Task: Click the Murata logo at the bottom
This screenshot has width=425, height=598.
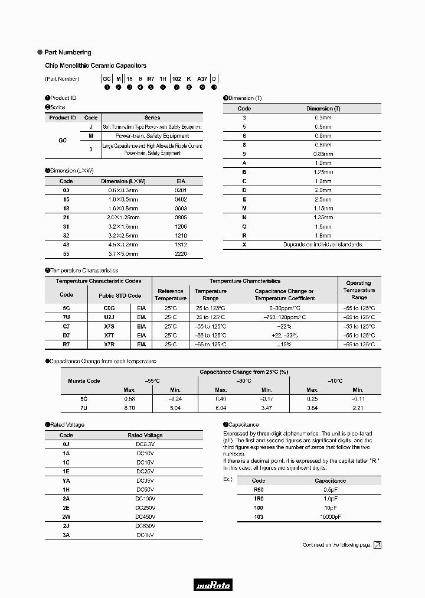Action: [x=213, y=585]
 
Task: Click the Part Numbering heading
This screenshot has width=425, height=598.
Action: [x=67, y=53]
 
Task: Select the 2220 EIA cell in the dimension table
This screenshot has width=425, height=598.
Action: [x=181, y=253]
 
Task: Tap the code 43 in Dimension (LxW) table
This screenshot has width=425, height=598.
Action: [x=66, y=244]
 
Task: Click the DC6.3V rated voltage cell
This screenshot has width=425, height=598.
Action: [x=145, y=444]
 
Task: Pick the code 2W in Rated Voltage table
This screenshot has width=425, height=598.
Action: [x=66, y=516]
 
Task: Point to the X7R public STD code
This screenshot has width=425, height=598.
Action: [x=109, y=344]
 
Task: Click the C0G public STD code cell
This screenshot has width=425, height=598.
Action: [x=109, y=308]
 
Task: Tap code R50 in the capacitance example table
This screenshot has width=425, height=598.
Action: [x=259, y=490]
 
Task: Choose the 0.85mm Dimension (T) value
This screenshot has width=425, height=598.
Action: [x=323, y=154]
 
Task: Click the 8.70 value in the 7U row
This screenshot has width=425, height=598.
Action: [x=129, y=408]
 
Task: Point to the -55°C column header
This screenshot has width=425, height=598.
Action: [x=152, y=381]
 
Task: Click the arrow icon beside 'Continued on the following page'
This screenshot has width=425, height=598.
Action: [x=377, y=545]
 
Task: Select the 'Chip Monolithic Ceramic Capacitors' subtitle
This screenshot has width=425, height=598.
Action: [x=96, y=66]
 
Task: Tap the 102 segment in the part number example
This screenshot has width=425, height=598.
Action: [x=176, y=79]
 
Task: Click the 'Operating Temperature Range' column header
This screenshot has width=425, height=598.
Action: [x=359, y=290]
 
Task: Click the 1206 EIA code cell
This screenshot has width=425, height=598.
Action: [x=181, y=226]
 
